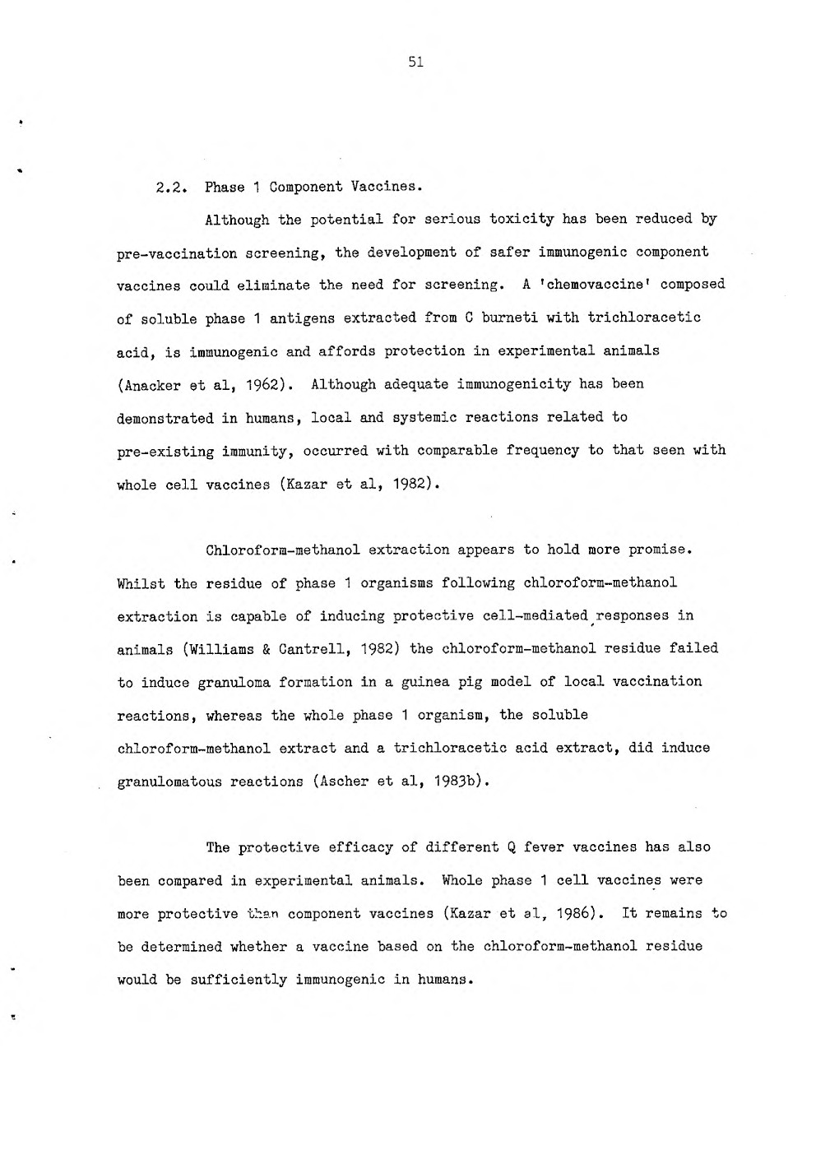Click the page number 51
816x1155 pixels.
coord(415,62)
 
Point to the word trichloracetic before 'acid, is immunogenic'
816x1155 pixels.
coord(644,318)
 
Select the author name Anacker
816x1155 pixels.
coord(150,384)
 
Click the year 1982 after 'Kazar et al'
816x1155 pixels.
coord(406,484)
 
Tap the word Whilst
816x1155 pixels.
coord(141,583)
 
